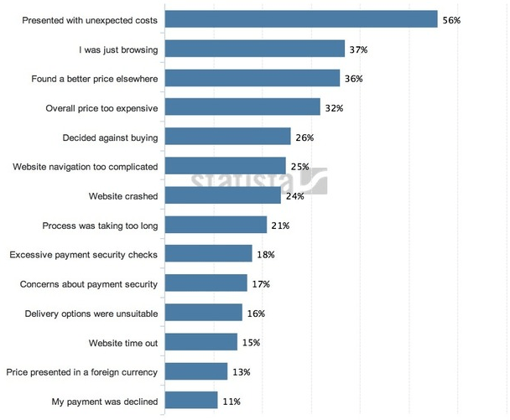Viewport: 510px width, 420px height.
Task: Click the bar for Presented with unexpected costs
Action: click(x=301, y=19)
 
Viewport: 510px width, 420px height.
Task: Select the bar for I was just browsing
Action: click(x=255, y=49)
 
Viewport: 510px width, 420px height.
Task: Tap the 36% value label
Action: click(x=353, y=79)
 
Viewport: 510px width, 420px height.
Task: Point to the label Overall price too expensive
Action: click(x=101, y=108)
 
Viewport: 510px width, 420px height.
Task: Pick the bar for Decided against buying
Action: click(x=227, y=137)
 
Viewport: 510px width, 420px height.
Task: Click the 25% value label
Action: click(x=299, y=167)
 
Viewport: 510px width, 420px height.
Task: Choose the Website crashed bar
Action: click(x=222, y=196)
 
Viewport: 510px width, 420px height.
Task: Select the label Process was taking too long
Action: click(x=100, y=226)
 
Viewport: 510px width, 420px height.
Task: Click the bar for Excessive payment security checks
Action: click(x=208, y=254)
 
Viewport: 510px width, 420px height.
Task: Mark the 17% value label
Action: click(x=260, y=284)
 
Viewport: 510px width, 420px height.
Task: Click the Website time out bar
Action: click(x=200, y=342)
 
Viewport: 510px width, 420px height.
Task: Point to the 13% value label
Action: click(x=241, y=371)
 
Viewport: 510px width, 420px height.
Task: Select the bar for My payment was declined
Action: click(x=191, y=401)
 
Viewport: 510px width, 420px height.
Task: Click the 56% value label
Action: click(x=451, y=19)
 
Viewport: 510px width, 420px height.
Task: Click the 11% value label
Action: click(x=232, y=401)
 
